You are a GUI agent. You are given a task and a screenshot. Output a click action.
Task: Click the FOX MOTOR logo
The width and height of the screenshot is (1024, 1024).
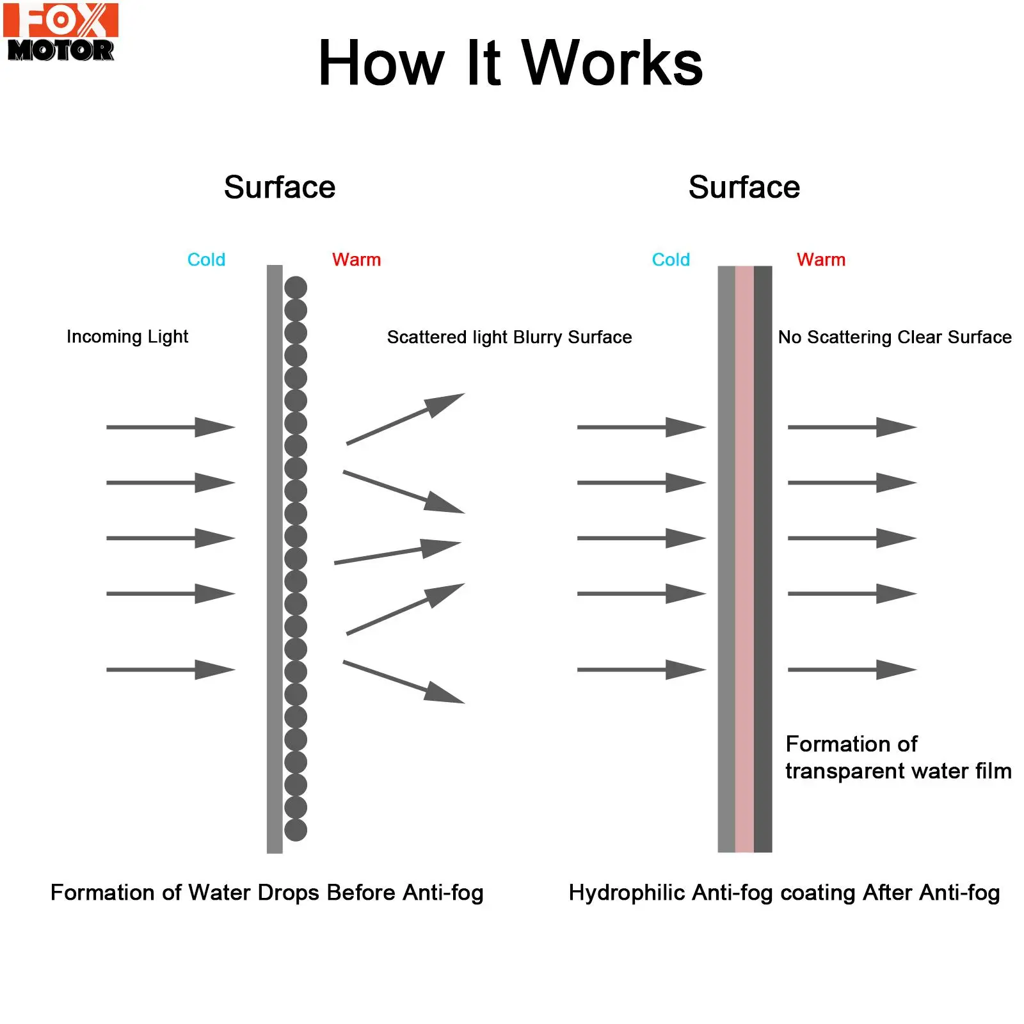[61, 32]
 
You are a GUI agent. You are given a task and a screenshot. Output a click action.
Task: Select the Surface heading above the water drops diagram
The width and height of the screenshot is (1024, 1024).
[280, 188]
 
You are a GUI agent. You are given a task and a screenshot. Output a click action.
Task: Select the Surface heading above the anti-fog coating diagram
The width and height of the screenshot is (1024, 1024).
[744, 188]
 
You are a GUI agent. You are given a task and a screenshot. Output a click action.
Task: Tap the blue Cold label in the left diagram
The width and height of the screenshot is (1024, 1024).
[206, 260]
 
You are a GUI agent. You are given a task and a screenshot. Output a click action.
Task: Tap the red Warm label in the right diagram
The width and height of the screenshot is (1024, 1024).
[821, 260]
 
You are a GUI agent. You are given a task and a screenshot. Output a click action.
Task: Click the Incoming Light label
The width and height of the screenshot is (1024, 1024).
[127, 337]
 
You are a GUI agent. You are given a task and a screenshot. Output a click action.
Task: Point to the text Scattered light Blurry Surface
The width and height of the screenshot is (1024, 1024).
[509, 337]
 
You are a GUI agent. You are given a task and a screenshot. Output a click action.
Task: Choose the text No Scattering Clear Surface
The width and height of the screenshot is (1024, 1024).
[895, 337]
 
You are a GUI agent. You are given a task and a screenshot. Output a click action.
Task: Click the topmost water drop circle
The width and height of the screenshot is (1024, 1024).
[296, 287]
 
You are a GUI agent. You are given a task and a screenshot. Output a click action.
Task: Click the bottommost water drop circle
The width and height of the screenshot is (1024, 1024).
[296, 830]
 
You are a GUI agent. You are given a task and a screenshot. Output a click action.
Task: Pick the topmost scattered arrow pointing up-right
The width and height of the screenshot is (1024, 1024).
[405, 419]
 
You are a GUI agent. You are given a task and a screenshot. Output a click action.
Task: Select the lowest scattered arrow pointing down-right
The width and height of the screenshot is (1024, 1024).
[403, 682]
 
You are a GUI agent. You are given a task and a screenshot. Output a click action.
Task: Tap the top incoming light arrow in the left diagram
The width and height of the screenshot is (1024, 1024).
[170, 427]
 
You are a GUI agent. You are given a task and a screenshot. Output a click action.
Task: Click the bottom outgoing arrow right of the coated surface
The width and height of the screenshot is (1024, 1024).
[852, 670]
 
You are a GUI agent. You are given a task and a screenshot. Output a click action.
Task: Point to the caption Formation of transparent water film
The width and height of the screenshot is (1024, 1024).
[898, 758]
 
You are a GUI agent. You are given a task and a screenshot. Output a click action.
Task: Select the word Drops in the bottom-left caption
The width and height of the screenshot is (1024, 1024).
[291, 893]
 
